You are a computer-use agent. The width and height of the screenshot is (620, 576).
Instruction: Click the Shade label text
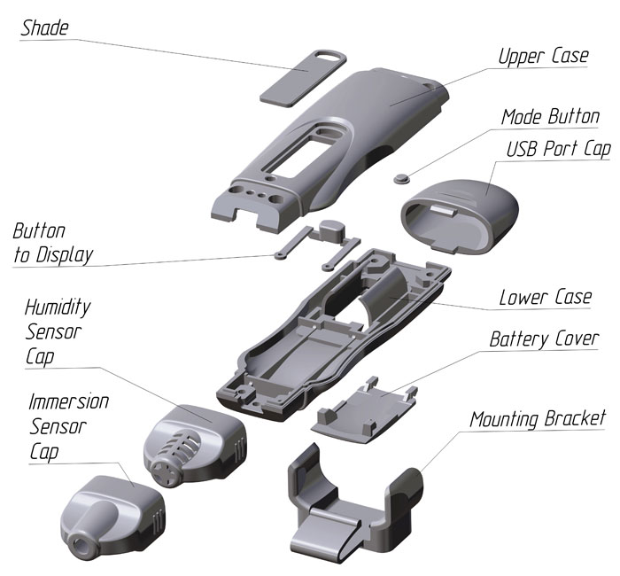[44, 27]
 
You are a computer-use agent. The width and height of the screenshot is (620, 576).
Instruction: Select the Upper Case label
[542, 57]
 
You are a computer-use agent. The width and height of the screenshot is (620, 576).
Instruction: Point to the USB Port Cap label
[557, 148]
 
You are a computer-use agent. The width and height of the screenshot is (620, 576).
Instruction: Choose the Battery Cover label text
[544, 339]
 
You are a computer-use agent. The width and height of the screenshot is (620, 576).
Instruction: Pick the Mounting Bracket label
[538, 417]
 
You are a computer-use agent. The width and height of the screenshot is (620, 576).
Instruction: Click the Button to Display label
[52, 244]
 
